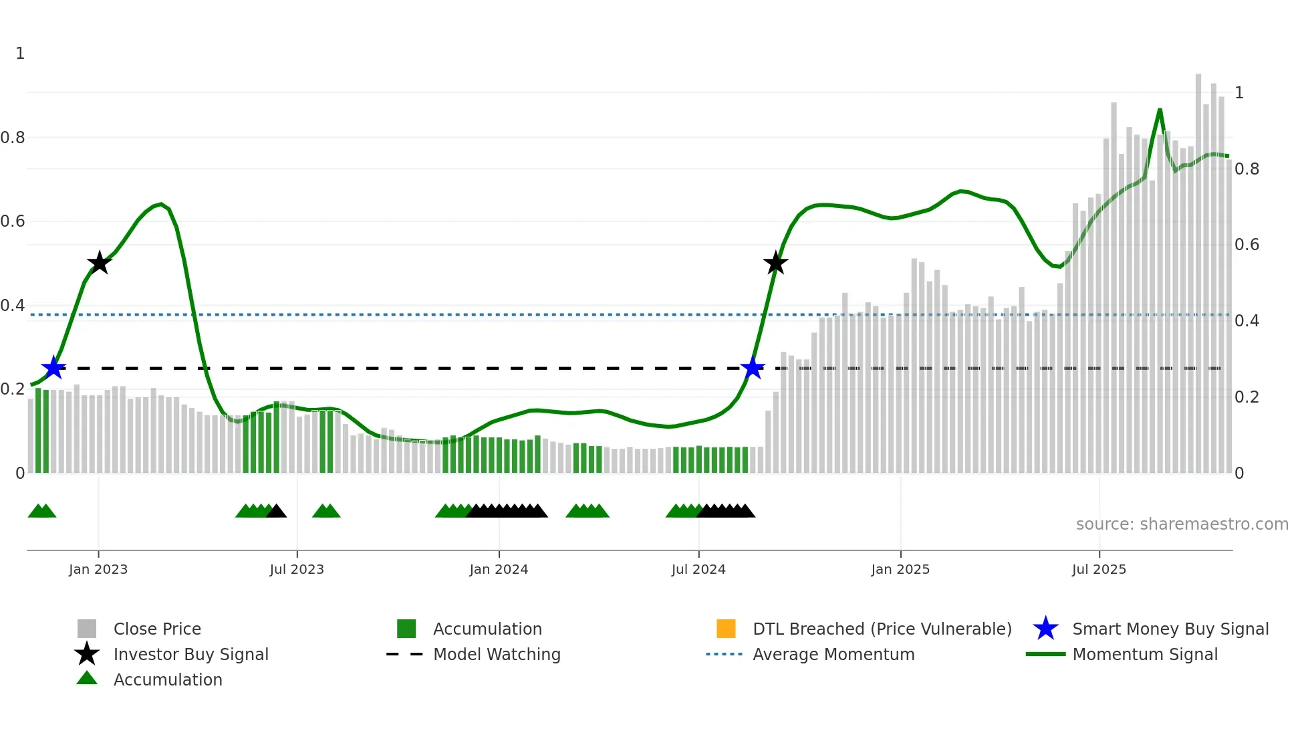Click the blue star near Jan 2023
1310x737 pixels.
pos(53,368)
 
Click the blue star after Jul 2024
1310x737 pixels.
pos(753,368)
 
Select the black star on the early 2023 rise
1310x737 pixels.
pos(99,263)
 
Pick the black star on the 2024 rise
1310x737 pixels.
pos(775,263)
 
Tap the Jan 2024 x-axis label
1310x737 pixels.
pos(499,569)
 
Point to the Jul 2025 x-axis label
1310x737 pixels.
pos(1099,569)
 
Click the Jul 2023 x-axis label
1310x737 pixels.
pos(297,569)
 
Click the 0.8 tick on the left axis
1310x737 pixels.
pos(13,138)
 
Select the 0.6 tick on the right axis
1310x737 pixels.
pos(1247,245)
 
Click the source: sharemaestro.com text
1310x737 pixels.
pos(1182,524)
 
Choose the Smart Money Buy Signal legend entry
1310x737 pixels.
pos(1170,629)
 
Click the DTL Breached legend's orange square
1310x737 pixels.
pos(726,629)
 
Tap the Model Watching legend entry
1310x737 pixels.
pos(496,654)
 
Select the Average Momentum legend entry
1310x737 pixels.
pos(833,654)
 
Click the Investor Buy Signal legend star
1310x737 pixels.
pos(87,654)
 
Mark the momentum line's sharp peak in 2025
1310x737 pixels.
pos(1160,110)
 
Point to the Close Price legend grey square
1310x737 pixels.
pos(87,629)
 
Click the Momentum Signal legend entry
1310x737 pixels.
pos(1144,654)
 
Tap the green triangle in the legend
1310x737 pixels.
pos(87,678)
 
